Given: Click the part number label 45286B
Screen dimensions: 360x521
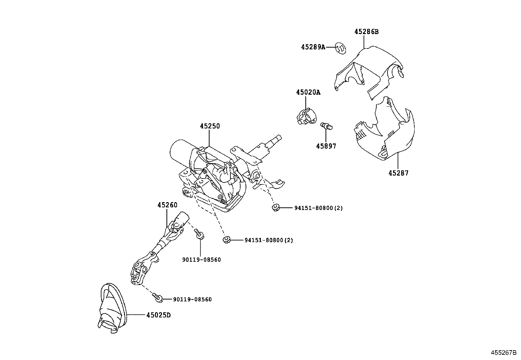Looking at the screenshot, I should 366,32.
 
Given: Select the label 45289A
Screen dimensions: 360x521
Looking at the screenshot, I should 313,47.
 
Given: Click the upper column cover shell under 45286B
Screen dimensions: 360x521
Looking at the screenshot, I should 370,70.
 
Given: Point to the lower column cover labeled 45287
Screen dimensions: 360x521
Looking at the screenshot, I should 386,131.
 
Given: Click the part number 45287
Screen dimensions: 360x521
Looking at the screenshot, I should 398,173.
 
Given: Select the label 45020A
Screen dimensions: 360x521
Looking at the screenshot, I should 308,92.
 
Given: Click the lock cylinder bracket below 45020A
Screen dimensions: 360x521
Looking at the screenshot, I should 306,117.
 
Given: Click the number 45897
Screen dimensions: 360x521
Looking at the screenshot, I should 326,146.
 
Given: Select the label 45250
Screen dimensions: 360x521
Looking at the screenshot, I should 210,126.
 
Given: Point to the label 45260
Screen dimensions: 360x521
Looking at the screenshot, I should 167,205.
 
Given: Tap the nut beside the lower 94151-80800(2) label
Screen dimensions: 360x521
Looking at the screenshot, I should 226,240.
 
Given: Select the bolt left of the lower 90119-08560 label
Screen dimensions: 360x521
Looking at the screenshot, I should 158,297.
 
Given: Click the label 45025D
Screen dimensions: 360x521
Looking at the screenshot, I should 158,315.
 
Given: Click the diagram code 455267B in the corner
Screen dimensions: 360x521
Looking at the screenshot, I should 503,353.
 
